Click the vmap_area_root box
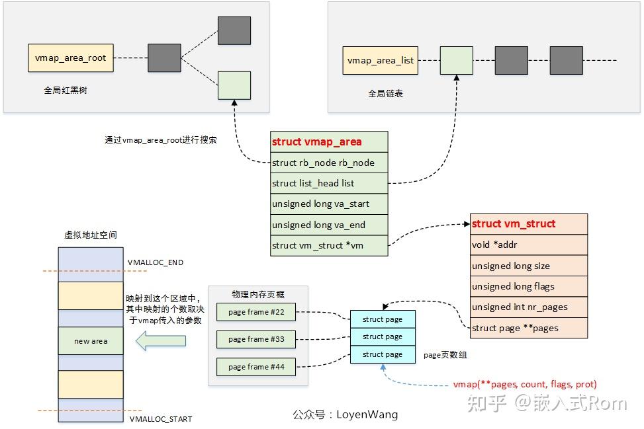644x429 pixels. (x=71, y=58)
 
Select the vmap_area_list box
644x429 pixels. (x=381, y=60)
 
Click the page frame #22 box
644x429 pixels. (x=255, y=312)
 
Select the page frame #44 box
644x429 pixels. (x=255, y=367)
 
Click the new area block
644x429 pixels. (x=91, y=341)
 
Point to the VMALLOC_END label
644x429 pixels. (x=156, y=262)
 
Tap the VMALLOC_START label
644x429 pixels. (x=160, y=419)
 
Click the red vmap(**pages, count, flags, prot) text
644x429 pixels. (x=524, y=384)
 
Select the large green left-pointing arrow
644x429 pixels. (x=160, y=341)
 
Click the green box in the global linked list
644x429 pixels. (x=456, y=60)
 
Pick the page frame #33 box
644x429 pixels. (x=255, y=339)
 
